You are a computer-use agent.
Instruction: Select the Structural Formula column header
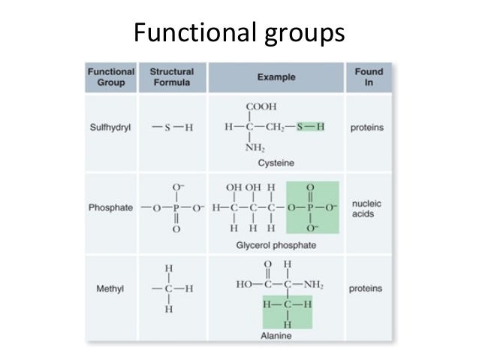(172, 77)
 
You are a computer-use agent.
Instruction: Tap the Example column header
(276, 77)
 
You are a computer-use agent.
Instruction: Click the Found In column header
(369, 77)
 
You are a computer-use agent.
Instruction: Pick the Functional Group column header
(111, 77)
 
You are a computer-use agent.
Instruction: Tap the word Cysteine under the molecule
(276, 162)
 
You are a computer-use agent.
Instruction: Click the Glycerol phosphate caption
(276, 245)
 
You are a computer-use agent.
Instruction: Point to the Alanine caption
(276, 336)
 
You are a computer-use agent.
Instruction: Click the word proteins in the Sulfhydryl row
(367, 128)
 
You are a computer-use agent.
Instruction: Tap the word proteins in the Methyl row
(367, 288)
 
